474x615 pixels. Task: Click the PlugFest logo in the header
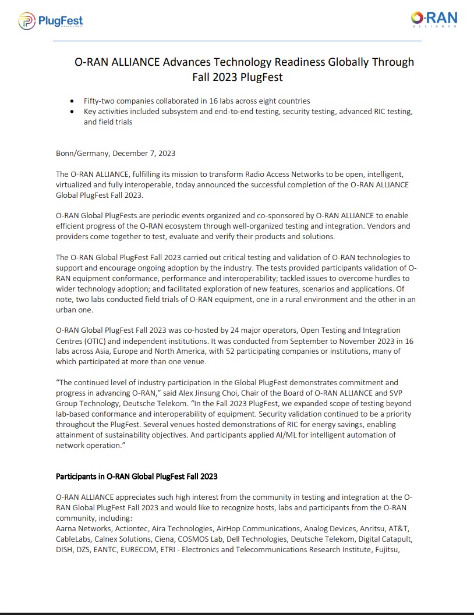pos(51,22)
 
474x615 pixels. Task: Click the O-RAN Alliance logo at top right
pos(433,19)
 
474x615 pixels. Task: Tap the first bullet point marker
pos(72,101)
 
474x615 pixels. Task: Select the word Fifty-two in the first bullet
pos(100,101)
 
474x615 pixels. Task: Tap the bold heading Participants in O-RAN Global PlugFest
pos(136,477)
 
